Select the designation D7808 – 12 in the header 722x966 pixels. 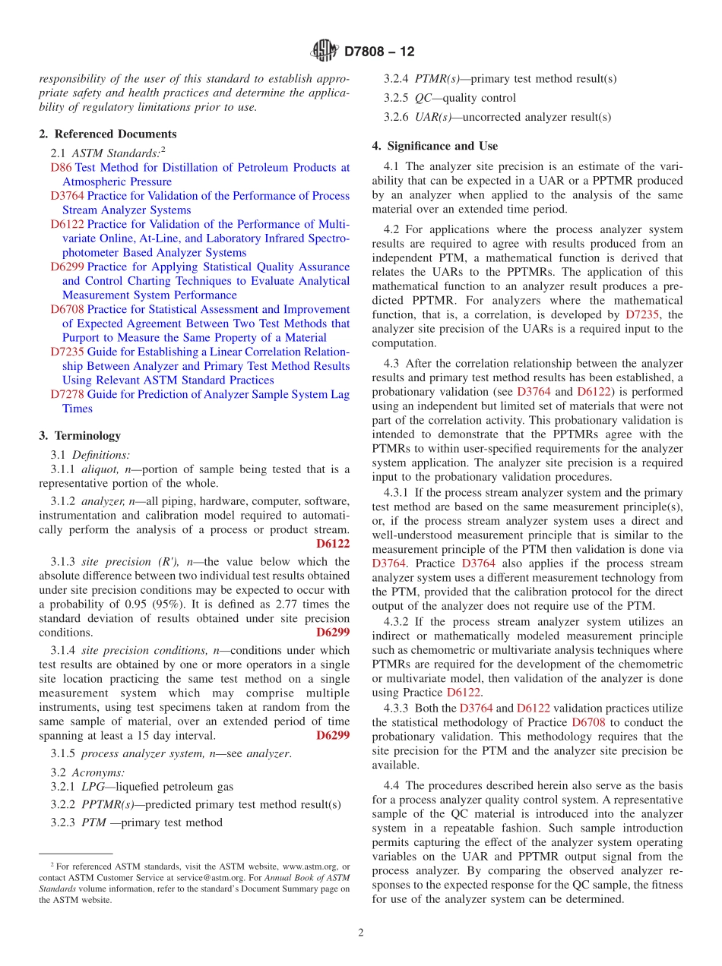tap(379, 52)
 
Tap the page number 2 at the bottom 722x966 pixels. tap(361, 933)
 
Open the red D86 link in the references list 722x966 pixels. tap(62, 168)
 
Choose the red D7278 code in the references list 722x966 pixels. tap(67, 394)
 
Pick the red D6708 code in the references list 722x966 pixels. tap(67, 309)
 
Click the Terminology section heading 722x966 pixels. tap(87, 436)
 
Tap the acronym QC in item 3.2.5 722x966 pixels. tap(423, 98)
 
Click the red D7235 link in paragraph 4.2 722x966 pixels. tap(644, 314)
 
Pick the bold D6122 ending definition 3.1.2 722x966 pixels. tap(332, 544)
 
